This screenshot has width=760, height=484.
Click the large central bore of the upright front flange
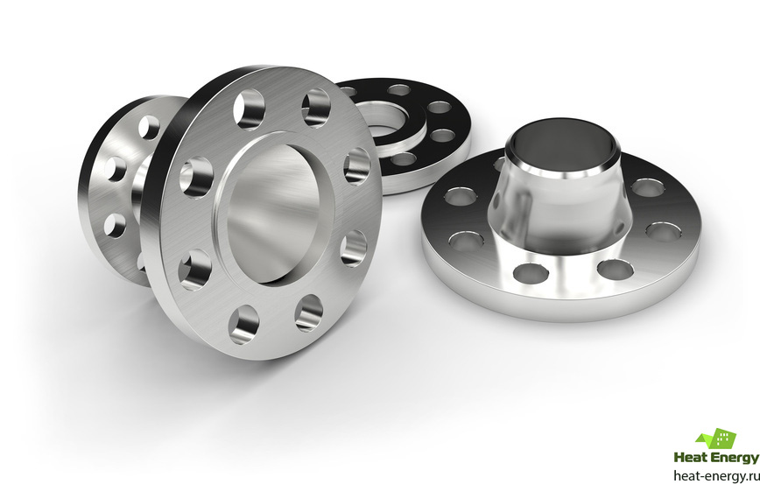274,214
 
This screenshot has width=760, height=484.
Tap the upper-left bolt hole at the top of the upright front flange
250,110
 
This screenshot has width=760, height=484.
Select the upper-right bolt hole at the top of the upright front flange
316,108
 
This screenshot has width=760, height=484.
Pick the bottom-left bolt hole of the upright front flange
243,325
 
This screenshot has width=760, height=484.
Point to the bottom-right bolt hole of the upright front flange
309,313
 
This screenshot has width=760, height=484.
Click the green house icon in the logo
716,438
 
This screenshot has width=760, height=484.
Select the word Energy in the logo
735,458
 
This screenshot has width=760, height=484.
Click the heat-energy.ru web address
716,475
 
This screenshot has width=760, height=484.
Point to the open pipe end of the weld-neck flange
562,145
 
